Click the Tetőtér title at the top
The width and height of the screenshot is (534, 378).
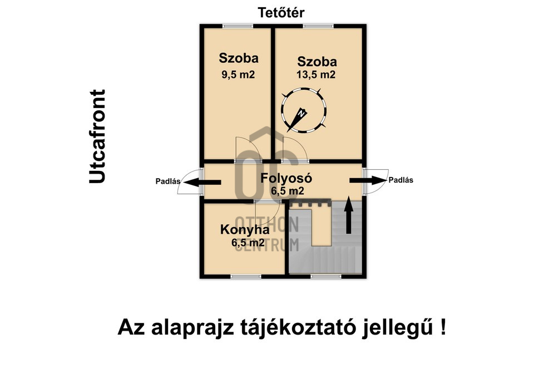pyautogui.click(x=281, y=13)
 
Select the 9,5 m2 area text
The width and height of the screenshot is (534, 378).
pyautogui.click(x=238, y=75)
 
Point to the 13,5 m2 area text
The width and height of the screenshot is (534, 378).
pyautogui.click(x=316, y=75)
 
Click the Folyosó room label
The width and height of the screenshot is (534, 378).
pyautogui.click(x=286, y=179)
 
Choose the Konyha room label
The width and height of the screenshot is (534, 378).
pyautogui.click(x=245, y=230)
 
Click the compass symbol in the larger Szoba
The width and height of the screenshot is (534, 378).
pyautogui.click(x=303, y=110)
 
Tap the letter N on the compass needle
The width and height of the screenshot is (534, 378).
pyautogui.click(x=301, y=114)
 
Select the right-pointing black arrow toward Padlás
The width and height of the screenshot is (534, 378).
pyautogui.click(x=368, y=180)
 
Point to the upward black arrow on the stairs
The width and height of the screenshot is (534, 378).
pyautogui.click(x=348, y=215)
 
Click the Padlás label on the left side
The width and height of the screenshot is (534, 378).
pyautogui.click(x=168, y=181)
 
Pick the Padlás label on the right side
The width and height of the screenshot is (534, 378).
pyautogui.click(x=401, y=180)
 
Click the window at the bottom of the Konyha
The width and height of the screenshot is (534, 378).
pyautogui.click(x=245, y=277)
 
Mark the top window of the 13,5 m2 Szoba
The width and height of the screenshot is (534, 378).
pyautogui.click(x=318, y=26)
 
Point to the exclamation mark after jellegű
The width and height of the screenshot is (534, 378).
pyautogui.click(x=442, y=327)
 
